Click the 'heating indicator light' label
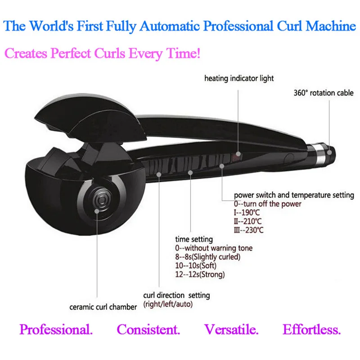click(x=239, y=78)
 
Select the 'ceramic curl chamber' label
click(x=103, y=307)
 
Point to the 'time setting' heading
click(x=194, y=239)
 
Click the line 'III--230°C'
click(x=248, y=230)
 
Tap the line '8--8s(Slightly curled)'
click(x=208, y=256)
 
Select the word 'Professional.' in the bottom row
click(x=56, y=330)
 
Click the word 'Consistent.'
click(x=148, y=330)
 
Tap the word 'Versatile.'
click(x=232, y=330)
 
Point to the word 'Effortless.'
click(x=312, y=330)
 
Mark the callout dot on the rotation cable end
click(x=329, y=152)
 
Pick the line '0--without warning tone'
click(x=214, y=248)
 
